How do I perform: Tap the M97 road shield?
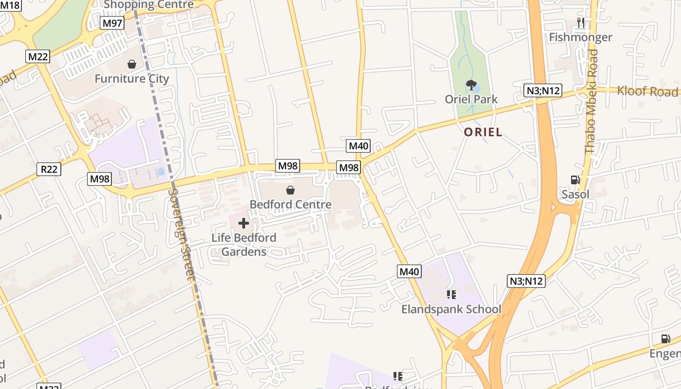(112, 23)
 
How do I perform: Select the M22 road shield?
(38, 56)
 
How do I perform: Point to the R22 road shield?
(49, 169)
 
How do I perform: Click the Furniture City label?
(132, 79)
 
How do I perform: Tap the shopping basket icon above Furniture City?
(132, 64)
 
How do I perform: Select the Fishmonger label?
(581, 37)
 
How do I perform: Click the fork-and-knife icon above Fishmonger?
(580, 22)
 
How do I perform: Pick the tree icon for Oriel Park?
(471, 86)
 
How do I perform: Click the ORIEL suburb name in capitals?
(483, 132)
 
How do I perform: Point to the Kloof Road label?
(647, 91)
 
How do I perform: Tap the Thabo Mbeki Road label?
(591, 102)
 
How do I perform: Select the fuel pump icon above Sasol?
(575, 180)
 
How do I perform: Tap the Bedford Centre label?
(290, 204)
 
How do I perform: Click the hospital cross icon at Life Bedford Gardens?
(244, 223)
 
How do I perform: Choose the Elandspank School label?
(451, 309)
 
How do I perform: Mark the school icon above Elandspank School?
(451, 295)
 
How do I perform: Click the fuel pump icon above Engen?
(665, 339)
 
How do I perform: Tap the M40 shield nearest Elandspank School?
(409, 271)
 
